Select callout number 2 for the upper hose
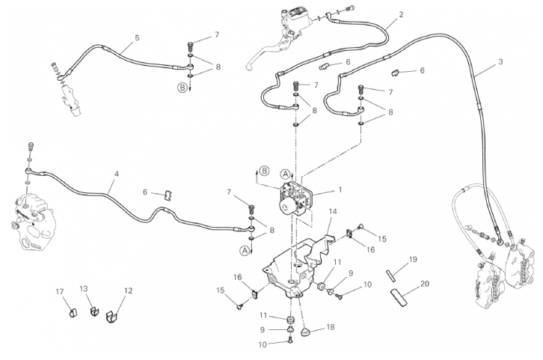coord(401,14)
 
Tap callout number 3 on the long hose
coord(500,61)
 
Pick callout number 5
coord(137,37)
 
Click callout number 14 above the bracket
coord(333,212)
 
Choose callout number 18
coord(330,328)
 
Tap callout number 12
coord(128,290)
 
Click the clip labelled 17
coord(74,311)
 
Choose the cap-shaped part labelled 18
coord(307,330)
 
